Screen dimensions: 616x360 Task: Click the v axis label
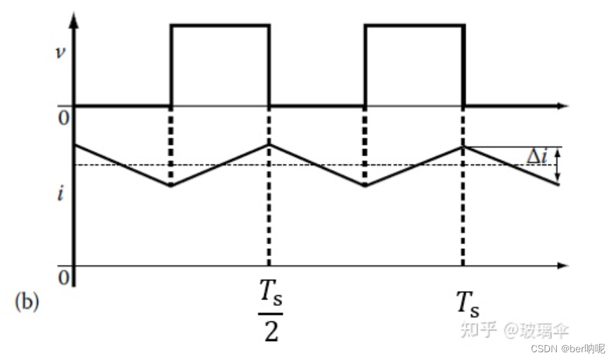coord(61,53)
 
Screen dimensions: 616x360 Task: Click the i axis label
coord(62,194)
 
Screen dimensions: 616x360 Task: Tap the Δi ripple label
coord(539,157)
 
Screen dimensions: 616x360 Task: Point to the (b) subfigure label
coord(27,302)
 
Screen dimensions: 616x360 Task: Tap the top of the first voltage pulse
coord(220,26)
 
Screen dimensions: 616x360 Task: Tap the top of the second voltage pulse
coord(414,26)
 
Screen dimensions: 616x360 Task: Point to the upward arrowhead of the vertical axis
coord(75,18)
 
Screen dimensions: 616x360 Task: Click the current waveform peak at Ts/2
coord(268,145)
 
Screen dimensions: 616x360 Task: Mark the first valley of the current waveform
coord(171,186)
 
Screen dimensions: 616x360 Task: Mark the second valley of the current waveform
coord(365,186)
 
